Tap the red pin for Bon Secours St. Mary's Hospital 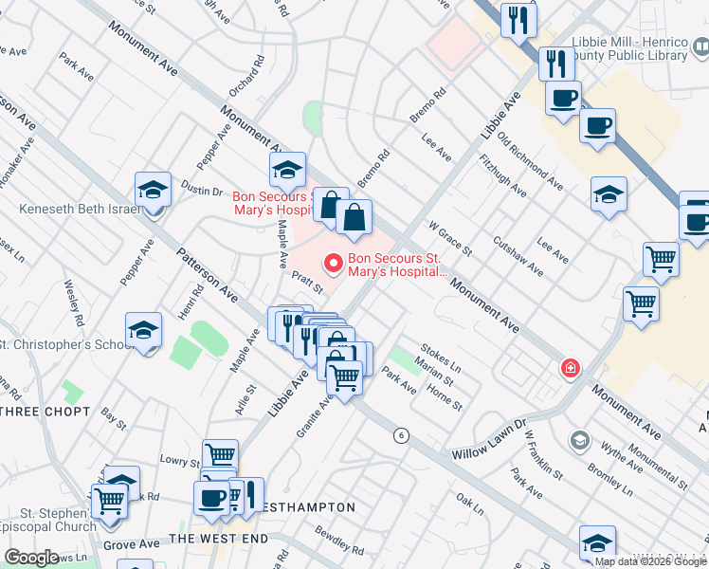[x=333, y=263]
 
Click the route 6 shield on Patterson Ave [x=402, y=435]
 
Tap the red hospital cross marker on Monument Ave [x=571, y=368]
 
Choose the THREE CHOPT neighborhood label [x=45, y=412]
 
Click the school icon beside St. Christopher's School [x=144, y=331]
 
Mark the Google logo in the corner [x=31, y=558]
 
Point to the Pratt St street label [x=308, y=282]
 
